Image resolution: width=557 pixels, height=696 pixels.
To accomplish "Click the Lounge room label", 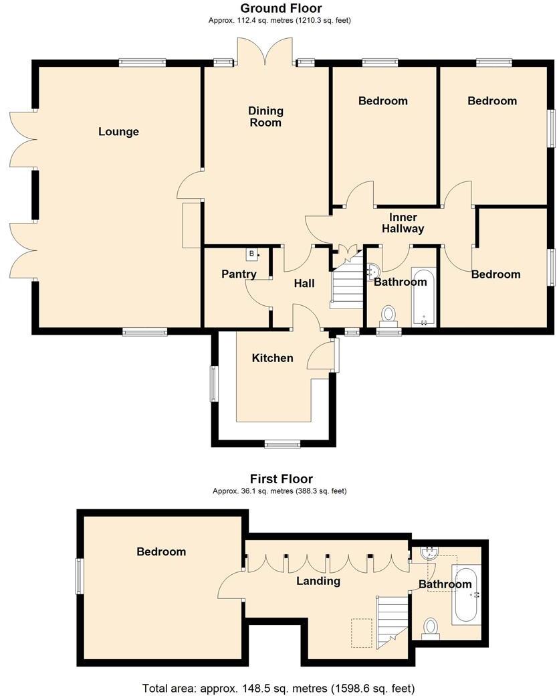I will click(118, 131).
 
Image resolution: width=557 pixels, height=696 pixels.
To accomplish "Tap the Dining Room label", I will click(265, 116).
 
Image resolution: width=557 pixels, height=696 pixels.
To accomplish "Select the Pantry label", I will click(239, 274).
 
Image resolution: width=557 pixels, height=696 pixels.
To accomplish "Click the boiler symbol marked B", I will click(252, 254).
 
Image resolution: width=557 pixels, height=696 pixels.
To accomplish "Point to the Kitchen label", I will click(272, 358).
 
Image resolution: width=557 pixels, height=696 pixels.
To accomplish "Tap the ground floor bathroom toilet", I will click(388, 314).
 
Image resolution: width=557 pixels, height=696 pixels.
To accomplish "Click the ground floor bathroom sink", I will click(372, 270).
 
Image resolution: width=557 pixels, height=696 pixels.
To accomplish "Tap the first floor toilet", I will click(431, 628).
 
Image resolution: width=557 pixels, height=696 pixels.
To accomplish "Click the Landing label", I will click(318, 581).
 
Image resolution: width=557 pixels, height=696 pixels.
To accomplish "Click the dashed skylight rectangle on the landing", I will click(362, 632).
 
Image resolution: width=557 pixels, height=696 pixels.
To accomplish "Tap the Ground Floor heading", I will click(281, 9).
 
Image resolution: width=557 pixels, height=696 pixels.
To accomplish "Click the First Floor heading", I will click(281, 478).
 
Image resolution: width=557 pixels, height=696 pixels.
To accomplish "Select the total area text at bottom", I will click(278, 688).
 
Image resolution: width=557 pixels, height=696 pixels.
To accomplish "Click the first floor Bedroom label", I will click(161, 551).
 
